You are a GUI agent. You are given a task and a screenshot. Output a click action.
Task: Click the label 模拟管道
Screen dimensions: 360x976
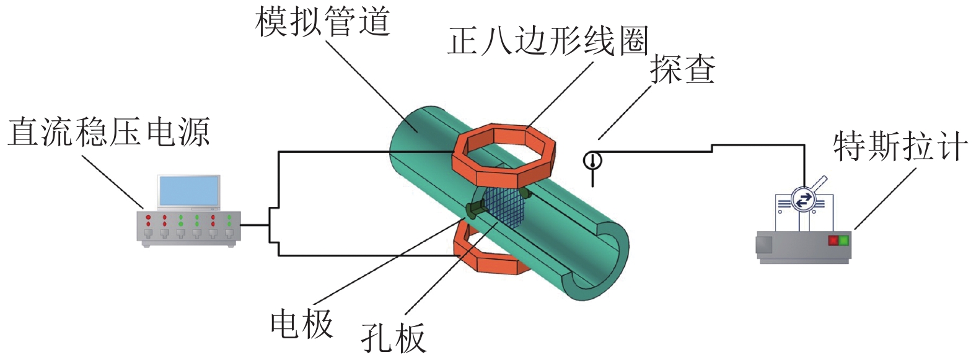tap(322, 22)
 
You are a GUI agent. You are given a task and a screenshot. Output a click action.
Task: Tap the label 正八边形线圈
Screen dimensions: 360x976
tap(547, 42)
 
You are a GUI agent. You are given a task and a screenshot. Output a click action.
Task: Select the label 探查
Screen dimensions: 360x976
tap(682, 69)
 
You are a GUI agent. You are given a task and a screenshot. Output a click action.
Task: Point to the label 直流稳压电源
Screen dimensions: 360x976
tap(108, 132)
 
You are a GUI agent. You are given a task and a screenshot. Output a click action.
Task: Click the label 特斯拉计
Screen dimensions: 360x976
tap(900, 146)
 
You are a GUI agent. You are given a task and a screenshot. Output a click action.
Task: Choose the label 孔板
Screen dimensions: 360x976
tap(393, 338)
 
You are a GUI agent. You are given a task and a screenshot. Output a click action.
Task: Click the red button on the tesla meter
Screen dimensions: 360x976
tap(833, 240)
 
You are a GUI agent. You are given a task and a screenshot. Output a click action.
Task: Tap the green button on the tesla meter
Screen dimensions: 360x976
tap(843, 240)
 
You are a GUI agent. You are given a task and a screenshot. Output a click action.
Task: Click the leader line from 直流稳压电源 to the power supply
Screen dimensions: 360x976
tap(113, 182)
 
